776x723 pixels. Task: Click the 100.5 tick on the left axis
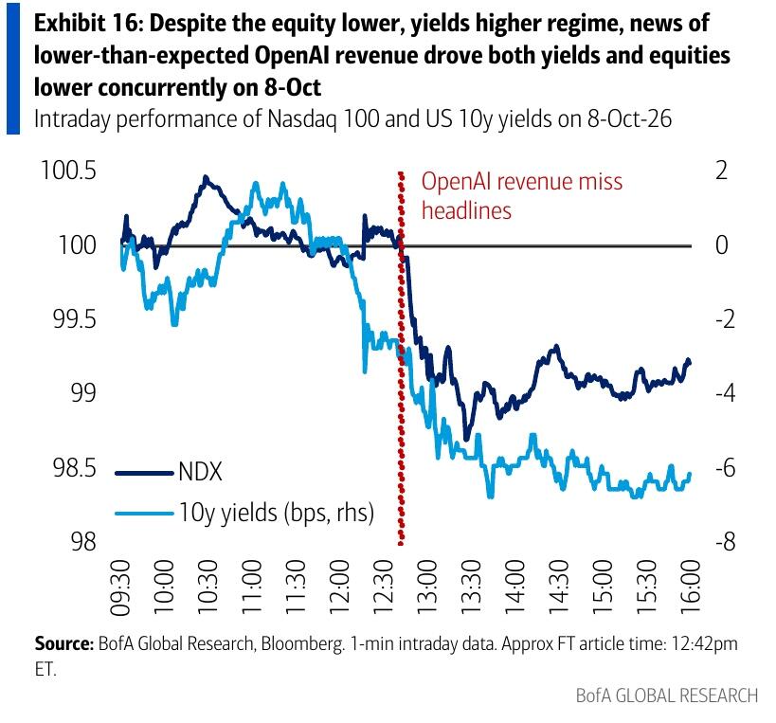click(x=68, y=171)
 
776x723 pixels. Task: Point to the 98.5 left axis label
click(x=75, y=468)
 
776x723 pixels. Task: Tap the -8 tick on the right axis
click(x=725, y=542)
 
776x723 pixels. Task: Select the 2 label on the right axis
click(x=722, y=171)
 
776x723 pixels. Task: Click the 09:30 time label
click(x=120, y=587)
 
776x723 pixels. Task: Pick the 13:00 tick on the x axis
click(x=427, y=587)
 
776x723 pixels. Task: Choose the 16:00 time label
click(x=691, y=587)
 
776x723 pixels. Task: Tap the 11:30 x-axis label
click(x=296, y=587)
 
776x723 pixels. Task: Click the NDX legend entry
click(x=169, y=472)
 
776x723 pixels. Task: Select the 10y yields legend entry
click(x=244, y=513)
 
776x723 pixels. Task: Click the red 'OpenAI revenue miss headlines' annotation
click(x=522, y=196)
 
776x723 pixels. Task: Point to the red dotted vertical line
click(x=401, y=358)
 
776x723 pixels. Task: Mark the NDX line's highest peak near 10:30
click(x=206, y=176)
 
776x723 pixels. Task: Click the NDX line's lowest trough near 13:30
click(x=466, y=439)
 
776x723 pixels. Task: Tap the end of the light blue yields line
click(x=690, y=474)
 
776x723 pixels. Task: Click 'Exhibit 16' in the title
click(x=87, y=24)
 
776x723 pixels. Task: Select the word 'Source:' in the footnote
click(x=63, y=643)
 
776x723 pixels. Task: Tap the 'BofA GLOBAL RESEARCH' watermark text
click(x=667, y=696)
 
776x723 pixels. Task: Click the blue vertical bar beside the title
click(x=13, y=69)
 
